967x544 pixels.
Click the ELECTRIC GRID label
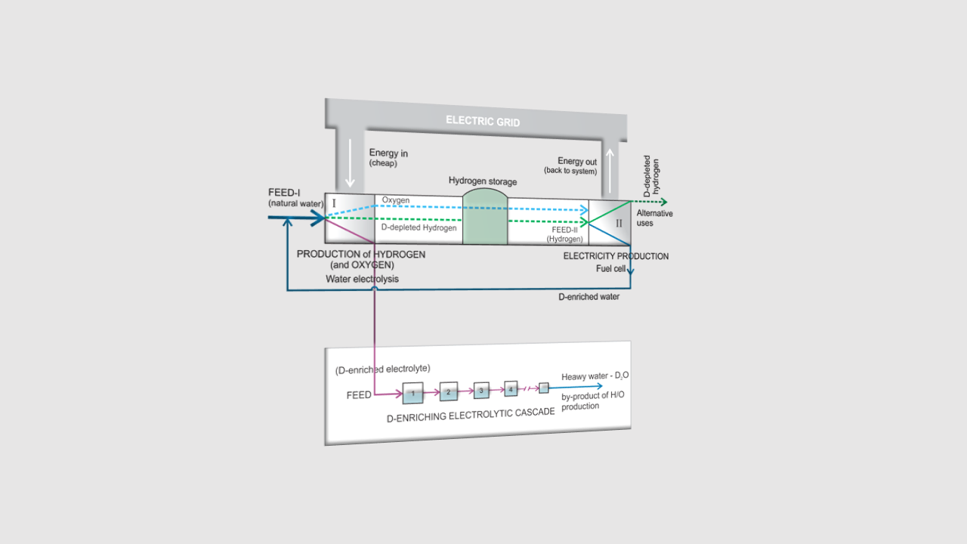tap(483, 121)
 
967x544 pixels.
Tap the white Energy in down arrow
tap(349, 162)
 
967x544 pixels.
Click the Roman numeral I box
tap(334, 203)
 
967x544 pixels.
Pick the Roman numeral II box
tap(619, 223)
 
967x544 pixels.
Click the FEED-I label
tap(284, 193)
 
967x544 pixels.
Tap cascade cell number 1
tap(412, 394)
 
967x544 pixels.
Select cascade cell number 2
tap(448, 392)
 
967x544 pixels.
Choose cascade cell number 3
tap(481, 391)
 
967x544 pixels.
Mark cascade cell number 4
tap(511, 389)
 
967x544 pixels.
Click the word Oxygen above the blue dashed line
tap(395, 200)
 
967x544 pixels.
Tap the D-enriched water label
tap(589, 297)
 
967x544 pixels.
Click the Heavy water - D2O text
tap(595, 376)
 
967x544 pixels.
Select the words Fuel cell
tap(610, 269)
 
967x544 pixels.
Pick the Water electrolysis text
tap(362, 279)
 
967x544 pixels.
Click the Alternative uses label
tap(654, 218)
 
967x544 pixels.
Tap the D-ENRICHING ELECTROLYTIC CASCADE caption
tap(471, 415)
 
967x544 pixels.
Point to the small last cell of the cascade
tap(543, 388)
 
